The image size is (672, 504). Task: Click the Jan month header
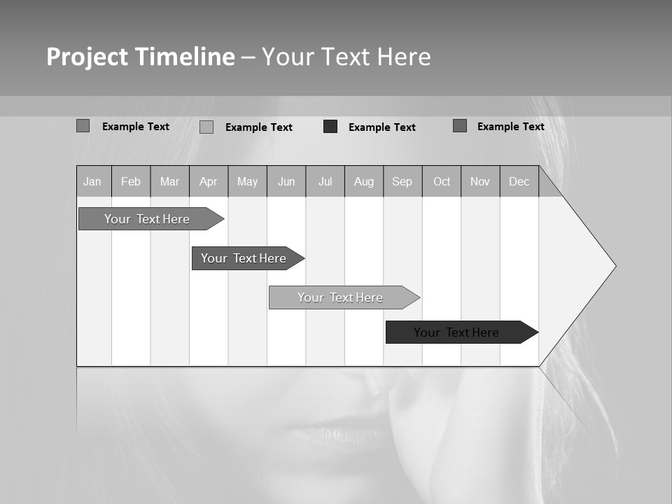click(x=92, y=182)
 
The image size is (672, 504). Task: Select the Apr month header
click(x=209, y=182)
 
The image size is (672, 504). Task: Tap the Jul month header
click(x=325, y=182)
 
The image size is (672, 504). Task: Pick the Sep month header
click(x=402, y=182)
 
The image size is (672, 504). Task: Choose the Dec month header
click(x=519, y=182)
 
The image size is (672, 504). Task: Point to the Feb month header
click(x=131, y=182)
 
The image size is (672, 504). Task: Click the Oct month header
click(x=442, y=182)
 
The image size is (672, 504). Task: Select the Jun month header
click(x=286, y=182)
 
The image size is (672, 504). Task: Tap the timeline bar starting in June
click(x=341, y=297)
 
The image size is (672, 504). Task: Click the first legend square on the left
click(x=83, y=126)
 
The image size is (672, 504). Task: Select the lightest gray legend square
click(x=206, y=127)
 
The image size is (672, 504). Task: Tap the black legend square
click(x=330, y=127)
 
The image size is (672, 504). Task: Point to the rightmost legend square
click(x=460, y=126)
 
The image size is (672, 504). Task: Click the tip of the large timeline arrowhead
click(x=615, y=266)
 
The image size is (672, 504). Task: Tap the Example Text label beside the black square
click(x=382, y=127)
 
